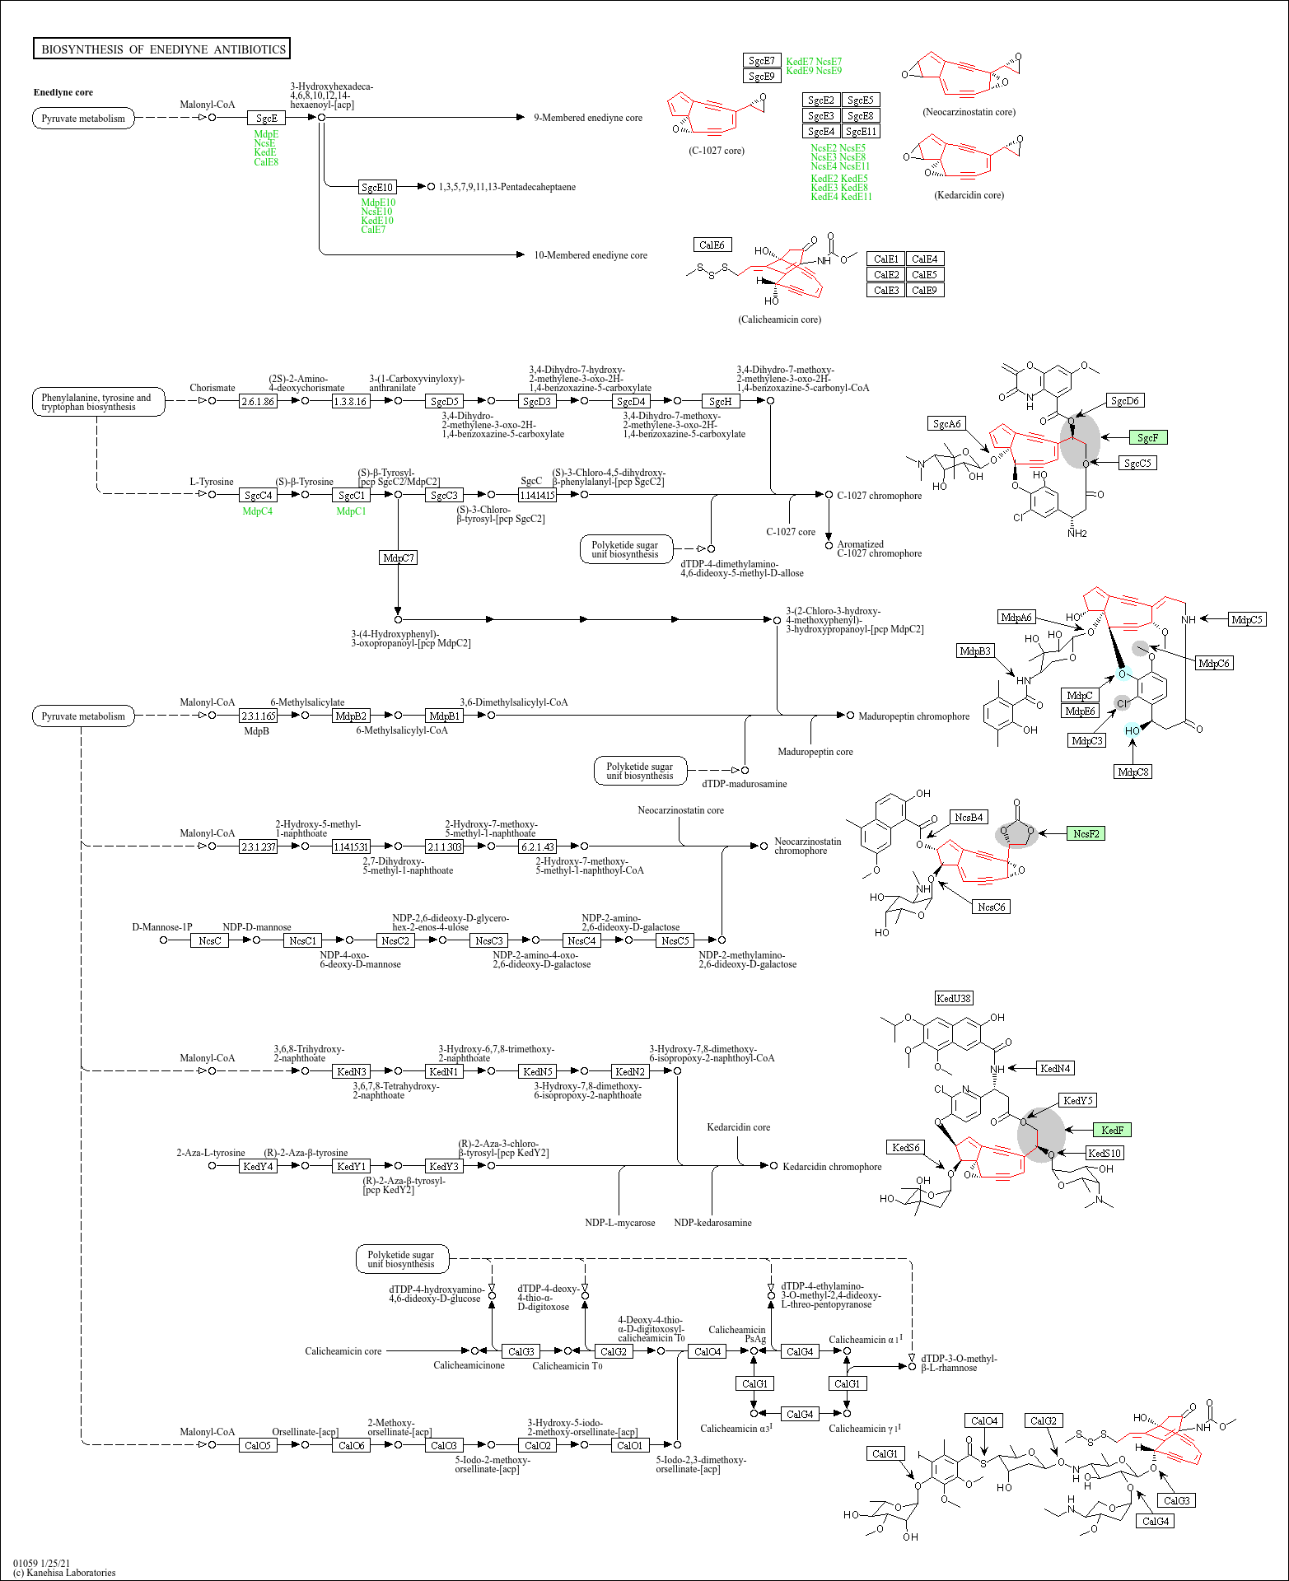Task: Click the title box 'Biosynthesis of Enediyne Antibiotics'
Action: pos(161,49)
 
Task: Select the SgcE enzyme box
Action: pos(266,119)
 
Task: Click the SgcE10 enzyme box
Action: pos(377,188)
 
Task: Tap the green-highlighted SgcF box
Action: pos(1147,438)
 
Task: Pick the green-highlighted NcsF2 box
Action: pos(1086,834)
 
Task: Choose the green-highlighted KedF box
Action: pos(1112,1131)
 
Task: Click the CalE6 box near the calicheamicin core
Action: pos(712,245)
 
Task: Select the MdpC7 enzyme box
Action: pos(399,558)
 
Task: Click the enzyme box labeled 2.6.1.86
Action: pos(258,402)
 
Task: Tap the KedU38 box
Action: pos(954,999)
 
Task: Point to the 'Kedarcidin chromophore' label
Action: pos(832,1167)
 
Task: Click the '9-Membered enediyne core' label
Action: pos(587,118)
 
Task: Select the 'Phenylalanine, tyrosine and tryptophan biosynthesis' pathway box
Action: pos(97,402)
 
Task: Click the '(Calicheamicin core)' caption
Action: pos(779,319)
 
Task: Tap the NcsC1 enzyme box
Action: pos(302,940)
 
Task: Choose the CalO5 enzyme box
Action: pos(258,1445)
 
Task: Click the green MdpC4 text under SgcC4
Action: pos(257,511)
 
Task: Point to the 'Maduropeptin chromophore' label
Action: pos(913,716)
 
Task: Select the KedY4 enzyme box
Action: pos(258,1167)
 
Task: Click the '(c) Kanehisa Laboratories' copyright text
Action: pos(64,1572)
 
